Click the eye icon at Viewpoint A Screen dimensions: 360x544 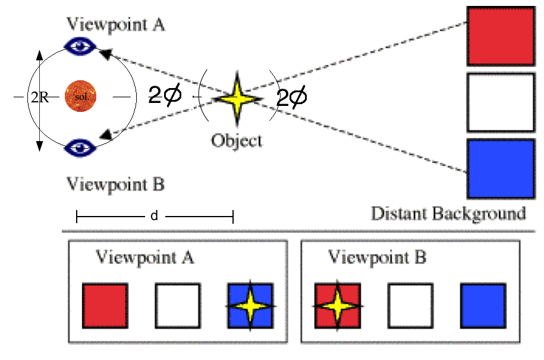click(80, 46)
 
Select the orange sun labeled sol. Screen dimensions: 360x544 click(81, 96)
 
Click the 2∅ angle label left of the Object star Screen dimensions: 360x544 click(164, 95)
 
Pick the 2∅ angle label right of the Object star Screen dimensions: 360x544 click(293, 97)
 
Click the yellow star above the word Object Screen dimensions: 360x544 click(236, 98)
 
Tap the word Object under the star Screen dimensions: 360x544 click(236, 141)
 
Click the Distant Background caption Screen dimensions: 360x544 click(448, 213)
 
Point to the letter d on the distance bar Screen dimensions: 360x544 click(154, 216)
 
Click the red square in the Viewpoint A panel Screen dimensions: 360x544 click(105, 305)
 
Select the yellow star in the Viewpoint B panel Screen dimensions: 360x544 click(337, 306)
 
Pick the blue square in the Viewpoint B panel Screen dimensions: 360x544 click(483, 306)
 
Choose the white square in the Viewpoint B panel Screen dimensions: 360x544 click(410, 306)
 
